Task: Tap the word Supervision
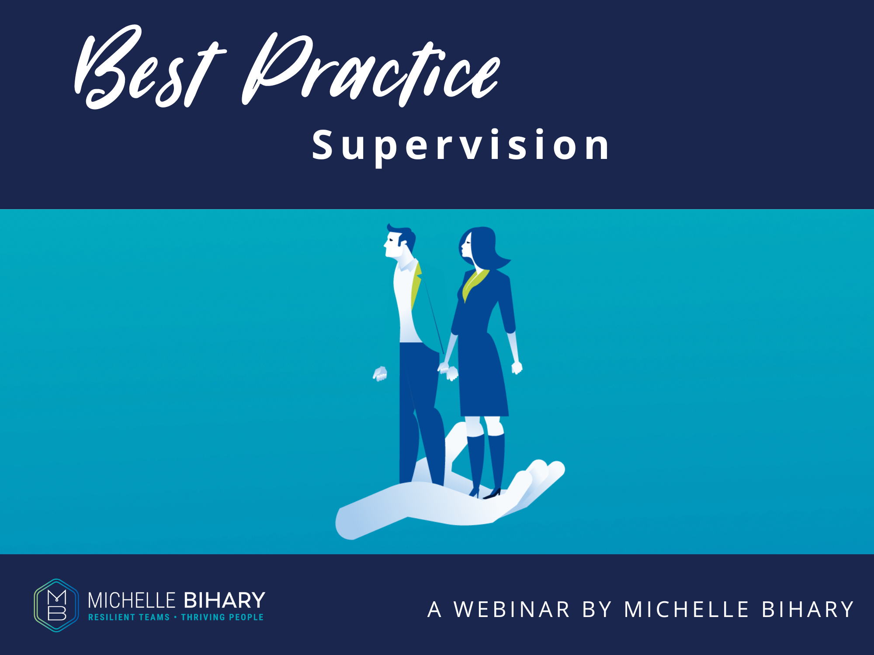coord(461,145)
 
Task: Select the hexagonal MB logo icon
coord(57,605)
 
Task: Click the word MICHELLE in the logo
coord(132,600)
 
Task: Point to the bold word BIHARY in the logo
coord(225,600)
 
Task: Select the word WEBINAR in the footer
coord(512,610)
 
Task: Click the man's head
coord(399,242)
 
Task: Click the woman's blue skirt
coord(483,380)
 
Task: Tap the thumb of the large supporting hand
coord(459,441)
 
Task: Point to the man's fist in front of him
coord(380,373)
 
